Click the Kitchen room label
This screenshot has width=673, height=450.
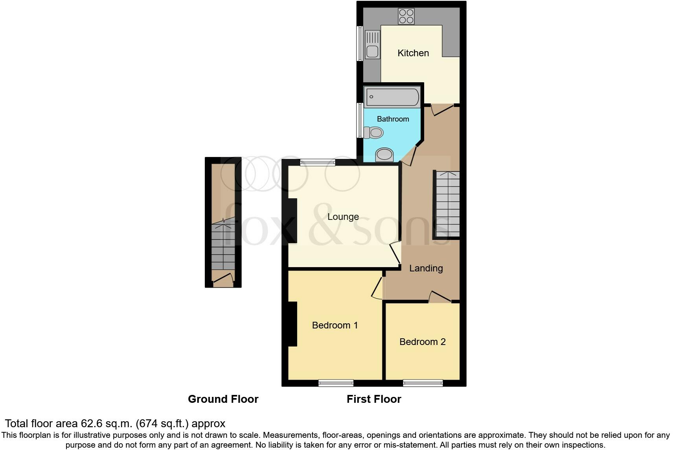click(413, 53)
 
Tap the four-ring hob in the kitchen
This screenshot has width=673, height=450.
click(406, 17)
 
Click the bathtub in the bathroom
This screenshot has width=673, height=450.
click(392, 97)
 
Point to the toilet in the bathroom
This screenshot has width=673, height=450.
click(373, 133)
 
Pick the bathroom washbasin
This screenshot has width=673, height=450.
click(384, 155)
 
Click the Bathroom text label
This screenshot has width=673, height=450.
click(393, 119)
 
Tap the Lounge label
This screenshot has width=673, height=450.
click(343, 217)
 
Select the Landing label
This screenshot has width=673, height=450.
click(426, 268)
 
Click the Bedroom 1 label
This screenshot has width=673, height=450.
click(335, 325)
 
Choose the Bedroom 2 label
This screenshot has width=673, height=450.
click(422, 342)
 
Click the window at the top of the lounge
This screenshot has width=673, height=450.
click(318, 162)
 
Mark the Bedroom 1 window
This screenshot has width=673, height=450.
click(336, 383)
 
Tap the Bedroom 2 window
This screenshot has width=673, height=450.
click(423, 383)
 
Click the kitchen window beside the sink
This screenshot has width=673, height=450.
click(359, 43)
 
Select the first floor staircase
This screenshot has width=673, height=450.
click(447, 205)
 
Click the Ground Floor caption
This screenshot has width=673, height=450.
click(223, 399)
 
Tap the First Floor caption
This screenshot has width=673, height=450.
click(373, 399)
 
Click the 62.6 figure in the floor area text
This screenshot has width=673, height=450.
click(90, 424)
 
